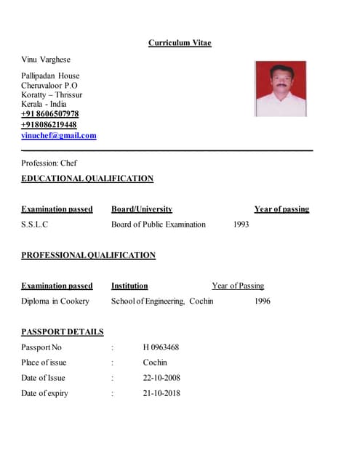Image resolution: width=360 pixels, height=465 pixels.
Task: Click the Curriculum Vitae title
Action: [180, 43]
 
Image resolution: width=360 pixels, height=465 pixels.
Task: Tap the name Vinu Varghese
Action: [46, 59]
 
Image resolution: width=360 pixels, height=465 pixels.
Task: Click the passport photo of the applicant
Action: [280, 89]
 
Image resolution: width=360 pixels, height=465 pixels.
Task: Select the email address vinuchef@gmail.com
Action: [59, 135]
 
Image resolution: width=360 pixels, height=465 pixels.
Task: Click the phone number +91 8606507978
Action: [50, 114]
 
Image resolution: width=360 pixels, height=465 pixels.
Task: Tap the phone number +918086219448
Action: [49, 124]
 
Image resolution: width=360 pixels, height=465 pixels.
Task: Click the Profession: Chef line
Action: [49, 163]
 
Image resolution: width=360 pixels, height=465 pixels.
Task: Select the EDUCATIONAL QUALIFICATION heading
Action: [87, 179]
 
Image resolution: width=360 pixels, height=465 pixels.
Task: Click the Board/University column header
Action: [142, 209]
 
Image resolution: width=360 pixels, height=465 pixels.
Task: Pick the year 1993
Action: [241, 225]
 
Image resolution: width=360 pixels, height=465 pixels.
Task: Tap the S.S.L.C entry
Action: [35, 225]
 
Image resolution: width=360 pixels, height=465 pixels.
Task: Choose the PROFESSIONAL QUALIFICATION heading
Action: [88, 255]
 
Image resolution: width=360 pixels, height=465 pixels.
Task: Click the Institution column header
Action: [129, 286]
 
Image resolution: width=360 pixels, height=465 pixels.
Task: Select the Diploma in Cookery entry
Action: [55, 301]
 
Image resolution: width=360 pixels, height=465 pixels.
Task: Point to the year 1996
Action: [262, 301]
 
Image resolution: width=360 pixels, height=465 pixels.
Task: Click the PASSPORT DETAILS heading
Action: [63, 332]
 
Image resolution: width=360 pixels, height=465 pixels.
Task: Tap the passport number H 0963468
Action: [161, 347]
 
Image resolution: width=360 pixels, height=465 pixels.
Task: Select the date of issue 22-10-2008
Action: [161, 378]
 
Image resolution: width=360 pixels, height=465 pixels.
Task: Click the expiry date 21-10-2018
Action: [161, 393]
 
